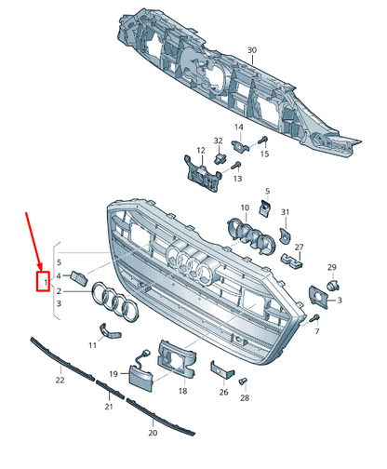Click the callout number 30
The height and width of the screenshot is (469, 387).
(x=252, y=50)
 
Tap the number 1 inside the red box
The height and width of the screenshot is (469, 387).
(x=46, y=283)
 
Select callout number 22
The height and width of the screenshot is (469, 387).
(x=60, y=380)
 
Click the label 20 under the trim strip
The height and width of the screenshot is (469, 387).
(x=153, y=433)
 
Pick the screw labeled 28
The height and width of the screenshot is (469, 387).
(x=243, y=381)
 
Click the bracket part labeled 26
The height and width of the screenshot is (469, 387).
(x=222, y=369)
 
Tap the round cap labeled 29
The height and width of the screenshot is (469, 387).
(x=333, y=285)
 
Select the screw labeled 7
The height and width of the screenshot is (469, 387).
(x=314, y=318)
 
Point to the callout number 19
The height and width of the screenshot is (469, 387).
(x=113, y=374)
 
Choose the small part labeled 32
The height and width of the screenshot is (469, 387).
(x=220, y=158)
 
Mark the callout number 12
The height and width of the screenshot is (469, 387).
(x=201, y=151)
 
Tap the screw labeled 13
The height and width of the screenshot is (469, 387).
(x=237, y=165)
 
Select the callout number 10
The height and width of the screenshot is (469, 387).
(x=245, y=208)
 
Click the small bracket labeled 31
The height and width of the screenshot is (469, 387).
(x=285, y=234)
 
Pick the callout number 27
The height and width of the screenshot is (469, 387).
(x=299, y=248)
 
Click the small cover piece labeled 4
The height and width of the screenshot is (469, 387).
(x=79, y=277)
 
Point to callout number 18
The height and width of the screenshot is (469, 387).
(x=182, y=391)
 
